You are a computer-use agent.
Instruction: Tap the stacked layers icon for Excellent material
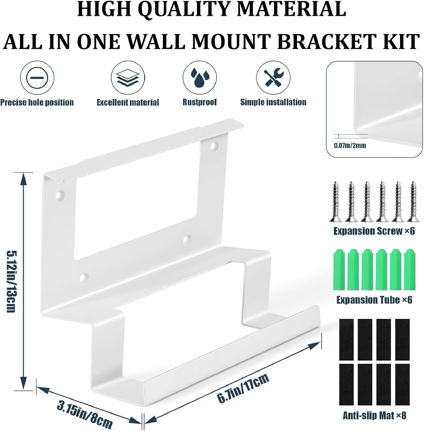click(x=127, y=78)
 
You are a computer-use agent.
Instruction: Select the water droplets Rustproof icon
click(x=200, y=78)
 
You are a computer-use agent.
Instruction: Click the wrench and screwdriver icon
click(x=273, y=78)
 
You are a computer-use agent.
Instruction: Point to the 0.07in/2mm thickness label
click(x=350, y=145)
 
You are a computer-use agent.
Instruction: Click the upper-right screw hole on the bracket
click(x=214, y=147)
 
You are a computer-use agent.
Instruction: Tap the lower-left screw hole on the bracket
click(x=83, y=277)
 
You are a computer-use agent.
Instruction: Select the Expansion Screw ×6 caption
click(x=374, y=231)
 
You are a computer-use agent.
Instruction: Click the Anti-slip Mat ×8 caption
click(x=375, y=415)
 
